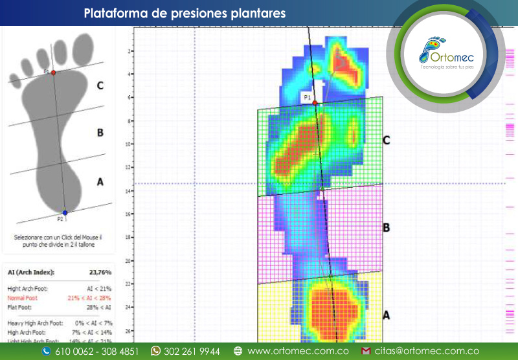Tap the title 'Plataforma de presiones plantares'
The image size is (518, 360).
click(x=185, y=13)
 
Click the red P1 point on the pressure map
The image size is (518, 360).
click(x=315, y=103)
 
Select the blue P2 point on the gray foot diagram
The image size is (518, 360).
click(x=65, y=212)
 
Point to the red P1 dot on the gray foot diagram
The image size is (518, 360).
click(x=54, y=73)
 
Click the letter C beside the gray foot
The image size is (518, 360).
click(x=100, y=85)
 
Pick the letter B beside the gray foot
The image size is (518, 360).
click(x=100, y=133)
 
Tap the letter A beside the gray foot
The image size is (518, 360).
click(x=100, y=182)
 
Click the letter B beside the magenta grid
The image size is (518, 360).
click(x=386, y=227)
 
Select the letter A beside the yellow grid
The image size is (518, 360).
click(x=386, y=315)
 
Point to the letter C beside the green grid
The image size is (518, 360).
click(x=386, y=139)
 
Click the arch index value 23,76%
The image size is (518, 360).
click(x=101, y=273)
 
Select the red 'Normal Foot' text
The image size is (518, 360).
click(x=22, y=298)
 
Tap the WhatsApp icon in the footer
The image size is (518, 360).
click(x=155, y=351)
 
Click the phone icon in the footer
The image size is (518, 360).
click(x=46, y=351)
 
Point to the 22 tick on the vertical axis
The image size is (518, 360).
click(x=129, y=284)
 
